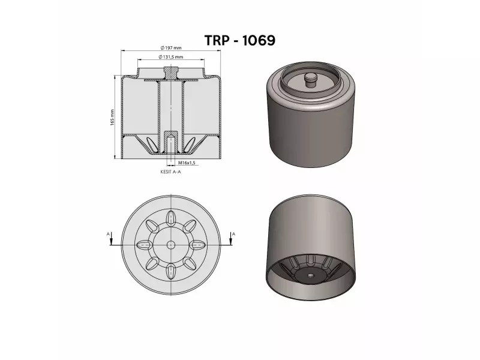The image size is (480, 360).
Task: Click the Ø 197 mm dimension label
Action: coord(171,47)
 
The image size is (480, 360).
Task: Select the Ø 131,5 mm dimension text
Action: coord(171,56)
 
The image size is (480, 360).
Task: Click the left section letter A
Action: coord(108,233)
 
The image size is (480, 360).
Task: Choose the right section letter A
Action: coord(233,233)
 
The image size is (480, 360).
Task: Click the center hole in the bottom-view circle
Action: coord(171,244)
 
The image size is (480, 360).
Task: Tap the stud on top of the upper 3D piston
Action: coord(310,80)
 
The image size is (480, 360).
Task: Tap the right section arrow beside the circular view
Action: coord(230,240)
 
